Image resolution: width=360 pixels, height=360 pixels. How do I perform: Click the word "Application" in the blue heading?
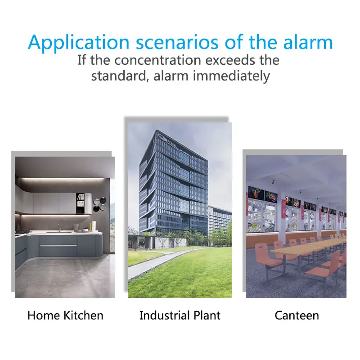(x=79, y=42)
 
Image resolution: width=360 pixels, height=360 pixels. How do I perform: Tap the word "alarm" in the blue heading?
(x=308, y=42)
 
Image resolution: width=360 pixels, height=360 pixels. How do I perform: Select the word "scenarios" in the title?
(x=177, y=42)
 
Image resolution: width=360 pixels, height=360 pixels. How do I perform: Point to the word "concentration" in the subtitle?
(x=158, y=60)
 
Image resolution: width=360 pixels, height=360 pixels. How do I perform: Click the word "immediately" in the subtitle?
(x=231, y=76)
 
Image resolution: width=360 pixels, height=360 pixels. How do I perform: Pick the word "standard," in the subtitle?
(x=119, y=76)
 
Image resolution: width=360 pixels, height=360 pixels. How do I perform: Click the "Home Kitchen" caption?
(x=65, y=315)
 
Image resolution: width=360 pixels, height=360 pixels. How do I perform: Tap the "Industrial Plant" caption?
(x=180, y=315)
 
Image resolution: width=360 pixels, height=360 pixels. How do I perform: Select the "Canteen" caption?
(x=297, y=315)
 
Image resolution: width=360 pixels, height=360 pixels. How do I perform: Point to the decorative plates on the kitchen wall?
(x=100, y=204)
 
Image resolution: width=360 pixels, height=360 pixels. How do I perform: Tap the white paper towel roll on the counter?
(x=94, y=226)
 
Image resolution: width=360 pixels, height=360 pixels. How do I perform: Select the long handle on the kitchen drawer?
(x=58, y=246)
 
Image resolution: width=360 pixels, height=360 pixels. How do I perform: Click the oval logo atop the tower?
(x=162, y=138)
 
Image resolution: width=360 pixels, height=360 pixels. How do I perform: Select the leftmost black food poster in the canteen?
(x=256, y=193)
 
